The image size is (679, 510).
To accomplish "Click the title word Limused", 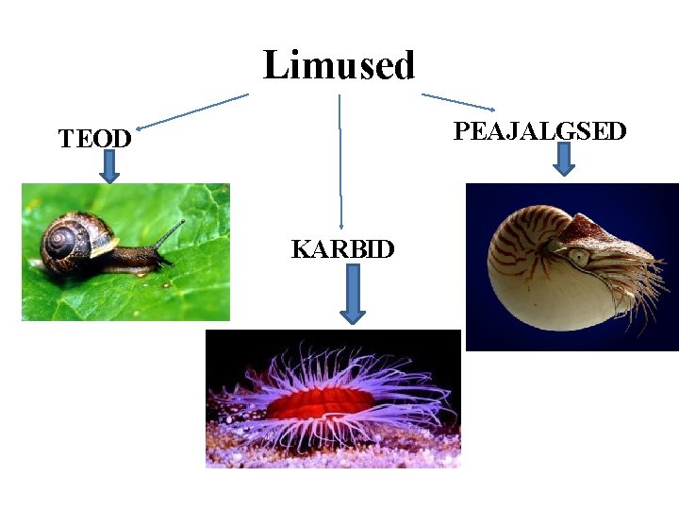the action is [x=339, y=66].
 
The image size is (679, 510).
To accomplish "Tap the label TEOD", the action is [x=94, y=139].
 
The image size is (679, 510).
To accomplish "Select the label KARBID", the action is [x=342, y=249].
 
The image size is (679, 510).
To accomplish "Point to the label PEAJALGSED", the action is [x=539, y=131].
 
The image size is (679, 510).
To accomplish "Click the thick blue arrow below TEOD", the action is [x=109, y=166].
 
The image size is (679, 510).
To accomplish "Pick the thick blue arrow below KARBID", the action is [x=352, y=293].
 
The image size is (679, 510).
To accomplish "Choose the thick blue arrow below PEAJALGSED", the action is [x=564, y=159].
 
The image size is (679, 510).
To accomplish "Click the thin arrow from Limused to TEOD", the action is [x=192, y=110].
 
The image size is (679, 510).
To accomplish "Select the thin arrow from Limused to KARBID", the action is [x=340, y=161].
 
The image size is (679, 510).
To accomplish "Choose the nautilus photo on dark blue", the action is [x=571, y=267].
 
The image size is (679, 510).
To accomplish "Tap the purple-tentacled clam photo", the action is [x=333, y=399].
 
